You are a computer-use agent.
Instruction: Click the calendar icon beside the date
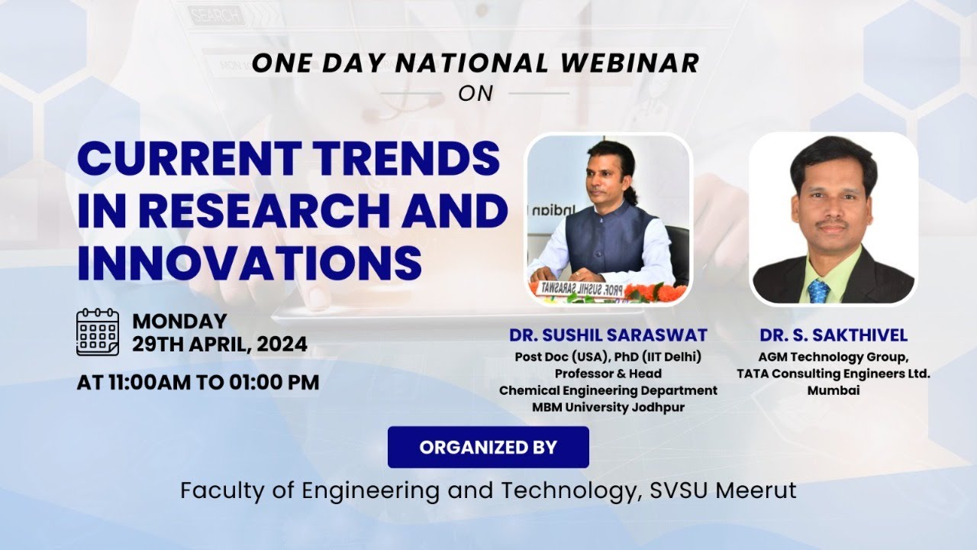[x=98, y=332]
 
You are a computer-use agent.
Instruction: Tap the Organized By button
[x=488, y=447]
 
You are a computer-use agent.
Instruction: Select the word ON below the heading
[x=476, y=93]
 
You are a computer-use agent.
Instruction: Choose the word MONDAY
[x=179, y=322]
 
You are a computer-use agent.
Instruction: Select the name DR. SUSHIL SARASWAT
[x=608, y=335]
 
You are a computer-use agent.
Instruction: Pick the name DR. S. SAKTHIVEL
[x=834, y=335]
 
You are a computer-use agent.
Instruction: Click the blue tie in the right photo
[x=819, y=290]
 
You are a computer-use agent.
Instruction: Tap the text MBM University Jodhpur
[x=608, y=407]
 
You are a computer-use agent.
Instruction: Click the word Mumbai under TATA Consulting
[x=834, y=390]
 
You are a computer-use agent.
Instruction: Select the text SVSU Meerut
[x=723, y=490]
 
